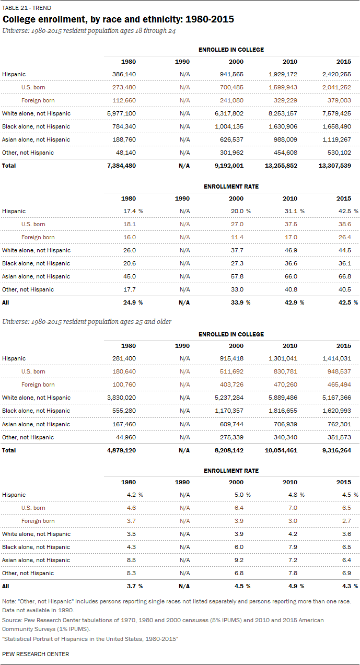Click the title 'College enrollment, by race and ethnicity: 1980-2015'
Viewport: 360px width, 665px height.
(118, 20)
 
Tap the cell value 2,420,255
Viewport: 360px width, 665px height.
(336, 74)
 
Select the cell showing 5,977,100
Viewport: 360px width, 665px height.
(122, 113)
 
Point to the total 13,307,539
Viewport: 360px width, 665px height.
(335, 166)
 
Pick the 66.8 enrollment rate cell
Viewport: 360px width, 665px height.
(344, 276)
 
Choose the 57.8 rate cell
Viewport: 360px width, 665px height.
(237, 276)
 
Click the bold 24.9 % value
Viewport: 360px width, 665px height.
(133, 302)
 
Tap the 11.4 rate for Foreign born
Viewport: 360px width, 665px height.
(237, 237)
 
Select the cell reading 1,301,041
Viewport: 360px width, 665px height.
(283, 358)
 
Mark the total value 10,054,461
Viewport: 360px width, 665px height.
(281, 450)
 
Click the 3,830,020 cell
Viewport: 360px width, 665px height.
(122, 398)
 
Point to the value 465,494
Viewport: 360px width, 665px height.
(339, 384)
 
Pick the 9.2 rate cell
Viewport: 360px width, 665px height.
(239, 560)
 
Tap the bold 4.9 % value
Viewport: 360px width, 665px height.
(295, 586)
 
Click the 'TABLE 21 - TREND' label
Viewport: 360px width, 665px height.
(27, 8)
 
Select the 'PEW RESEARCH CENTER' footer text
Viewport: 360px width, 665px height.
(36, 654)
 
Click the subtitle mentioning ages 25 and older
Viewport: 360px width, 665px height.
(87, 321)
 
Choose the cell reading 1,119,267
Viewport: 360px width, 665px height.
(336, 139)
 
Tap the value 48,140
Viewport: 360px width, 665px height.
(126, 153)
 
